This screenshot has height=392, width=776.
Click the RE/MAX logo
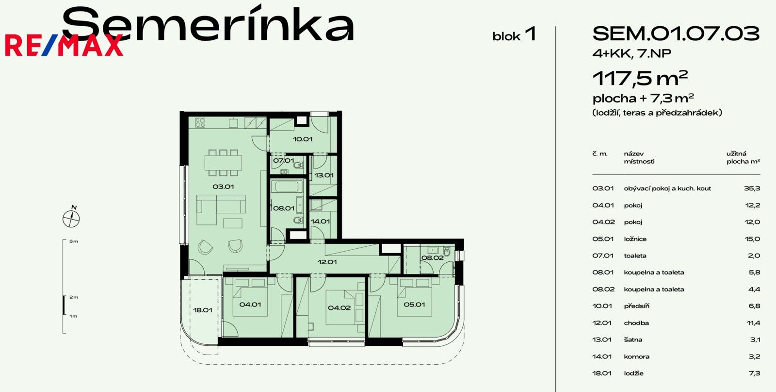point(64,46)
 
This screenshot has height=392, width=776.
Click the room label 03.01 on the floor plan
point(223,187)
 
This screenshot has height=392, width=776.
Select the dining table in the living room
point(223,162)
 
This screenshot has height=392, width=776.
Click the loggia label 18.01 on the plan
point(203,310)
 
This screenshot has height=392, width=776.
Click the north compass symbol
point(71,219)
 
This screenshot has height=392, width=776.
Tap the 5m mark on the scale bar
point(73,241)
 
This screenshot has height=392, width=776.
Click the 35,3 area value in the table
point(752,188)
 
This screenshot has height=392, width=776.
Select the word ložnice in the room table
point(635,239)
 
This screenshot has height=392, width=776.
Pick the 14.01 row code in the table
point(601,357)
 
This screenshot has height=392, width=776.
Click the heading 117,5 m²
point(640,78)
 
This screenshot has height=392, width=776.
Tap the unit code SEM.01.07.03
point(676,34)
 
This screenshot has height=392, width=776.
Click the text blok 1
point(514,35)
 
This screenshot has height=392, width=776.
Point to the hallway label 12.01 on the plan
point(327,262)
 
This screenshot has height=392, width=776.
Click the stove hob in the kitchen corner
point(200,122)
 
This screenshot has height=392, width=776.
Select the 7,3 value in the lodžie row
point(754,374)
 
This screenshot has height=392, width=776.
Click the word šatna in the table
point(633,340)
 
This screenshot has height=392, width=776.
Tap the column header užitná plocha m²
point(743,157)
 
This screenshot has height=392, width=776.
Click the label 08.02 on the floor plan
point(432,258)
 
